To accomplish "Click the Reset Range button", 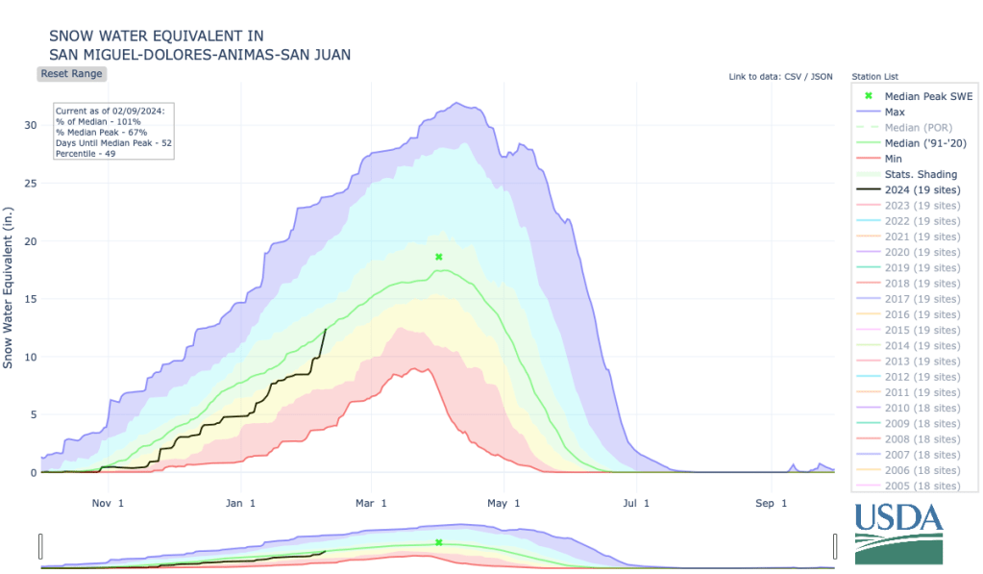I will (x=71, y=74).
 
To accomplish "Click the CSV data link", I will (x=793, y=76).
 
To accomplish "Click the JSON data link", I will (x=822, y=76).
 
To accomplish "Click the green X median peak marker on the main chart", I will (x=438, y=257).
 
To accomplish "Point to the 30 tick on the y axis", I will (x=31, y=125).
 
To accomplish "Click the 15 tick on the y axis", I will (x=31, y=299).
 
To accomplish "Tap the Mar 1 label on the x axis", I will (x=370, y=503).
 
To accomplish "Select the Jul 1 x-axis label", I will (x=636, y=503).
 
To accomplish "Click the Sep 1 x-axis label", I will (x=772, y=503).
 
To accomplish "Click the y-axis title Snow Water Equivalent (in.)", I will (x=9, y=286).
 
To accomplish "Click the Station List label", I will (x=875, y=76).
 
